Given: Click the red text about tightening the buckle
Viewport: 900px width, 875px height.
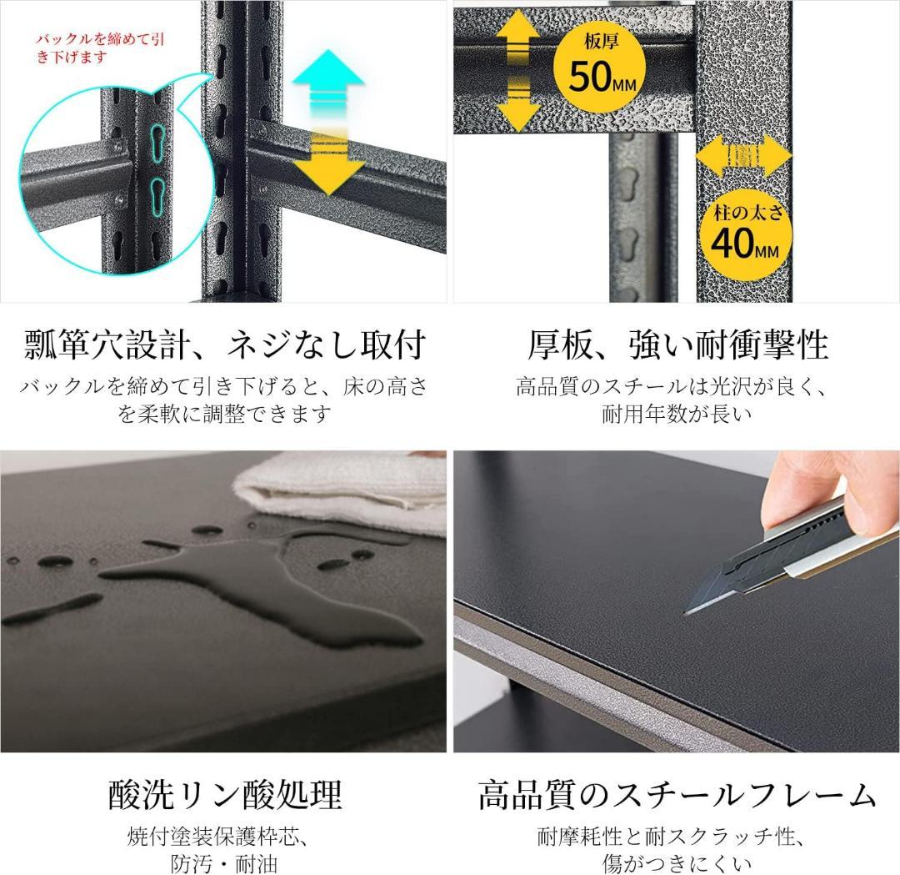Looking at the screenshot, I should pos(92,48).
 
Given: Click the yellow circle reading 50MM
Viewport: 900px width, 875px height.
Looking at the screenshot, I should pos(600,63).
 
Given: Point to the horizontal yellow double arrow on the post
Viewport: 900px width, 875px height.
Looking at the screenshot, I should pos(742,156).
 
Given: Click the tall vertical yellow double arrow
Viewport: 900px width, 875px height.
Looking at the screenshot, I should pos(517,71).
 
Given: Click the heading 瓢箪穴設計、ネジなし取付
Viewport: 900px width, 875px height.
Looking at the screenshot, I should pos(225,344).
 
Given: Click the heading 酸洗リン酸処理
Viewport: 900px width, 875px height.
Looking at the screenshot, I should pos(225,794).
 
